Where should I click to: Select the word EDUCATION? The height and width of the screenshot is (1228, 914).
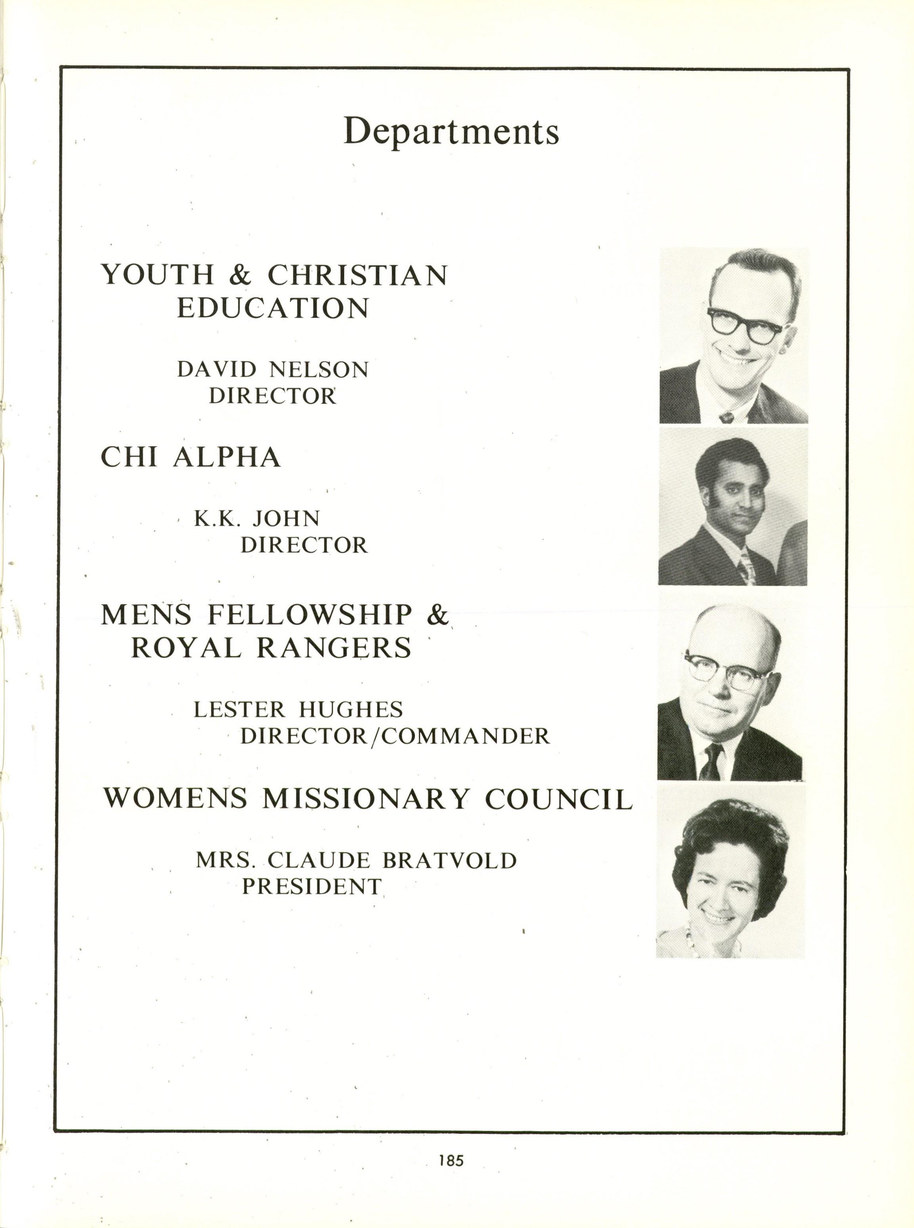(273, 308)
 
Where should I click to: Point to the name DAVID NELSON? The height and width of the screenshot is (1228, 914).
(273, 369)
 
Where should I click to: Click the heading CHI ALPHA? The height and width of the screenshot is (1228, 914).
(191, 457)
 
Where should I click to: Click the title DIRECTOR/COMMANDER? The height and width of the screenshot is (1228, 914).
(395, 736)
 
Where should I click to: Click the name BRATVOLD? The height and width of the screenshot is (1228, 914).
(449, 861)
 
